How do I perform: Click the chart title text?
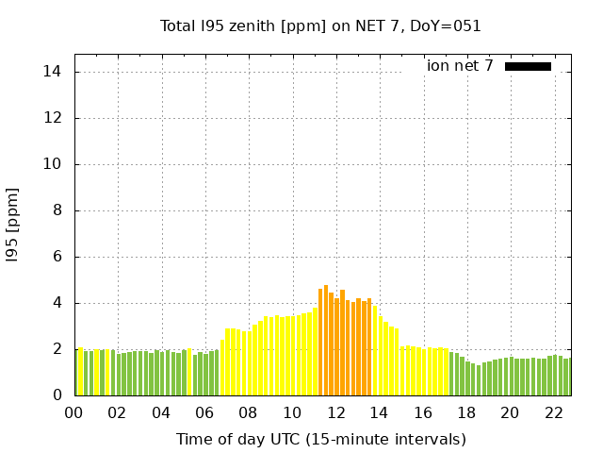pyautogui.click(x=320, y=25)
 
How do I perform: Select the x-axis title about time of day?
pyautogui.click(x=320, y=439)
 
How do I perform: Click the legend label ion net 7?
pyautogui.click(x=460, y=66)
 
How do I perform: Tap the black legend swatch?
pyautogui.click(x=528, y=66)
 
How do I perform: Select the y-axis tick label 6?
pyautogui.click(x=57, y=257)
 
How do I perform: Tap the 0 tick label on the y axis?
pyautogui.click(x=57, y=395)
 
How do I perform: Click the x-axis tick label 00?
pyautogui.click(x=74, y=413)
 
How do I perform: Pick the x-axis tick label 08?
pyautogui.click(x=248, y=413)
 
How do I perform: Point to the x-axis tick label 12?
pyautogui.click(x=335, y=413)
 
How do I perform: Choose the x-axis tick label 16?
pyautogui.click(x=422, y=413)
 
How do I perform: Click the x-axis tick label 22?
pyautogui.click(x=553, y=413)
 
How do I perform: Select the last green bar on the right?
pyautogui.click(x=566, y=377)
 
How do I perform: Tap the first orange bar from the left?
pyautogui.click(x=320, y=342)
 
